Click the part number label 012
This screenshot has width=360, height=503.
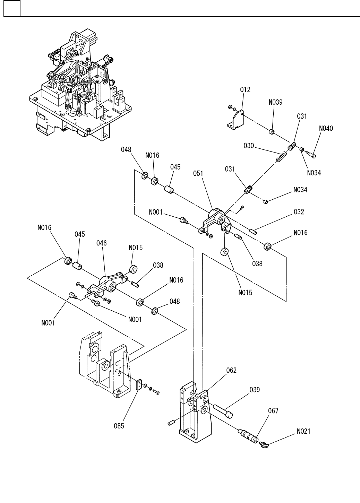pos(245,90)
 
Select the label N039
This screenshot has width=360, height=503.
pos(275,102)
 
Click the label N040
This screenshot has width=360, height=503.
pos(326,129)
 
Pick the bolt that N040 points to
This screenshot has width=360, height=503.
pos(311,154)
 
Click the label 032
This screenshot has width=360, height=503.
pos(299,212)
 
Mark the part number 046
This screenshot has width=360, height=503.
pos(102,243)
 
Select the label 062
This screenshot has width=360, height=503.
pos(231,370)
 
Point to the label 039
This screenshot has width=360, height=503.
pos(255,390)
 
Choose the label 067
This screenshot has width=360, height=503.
pos(273,410)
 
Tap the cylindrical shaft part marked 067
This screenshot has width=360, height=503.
pos(249,435)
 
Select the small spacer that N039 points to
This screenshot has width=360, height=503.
pos(272,132)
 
